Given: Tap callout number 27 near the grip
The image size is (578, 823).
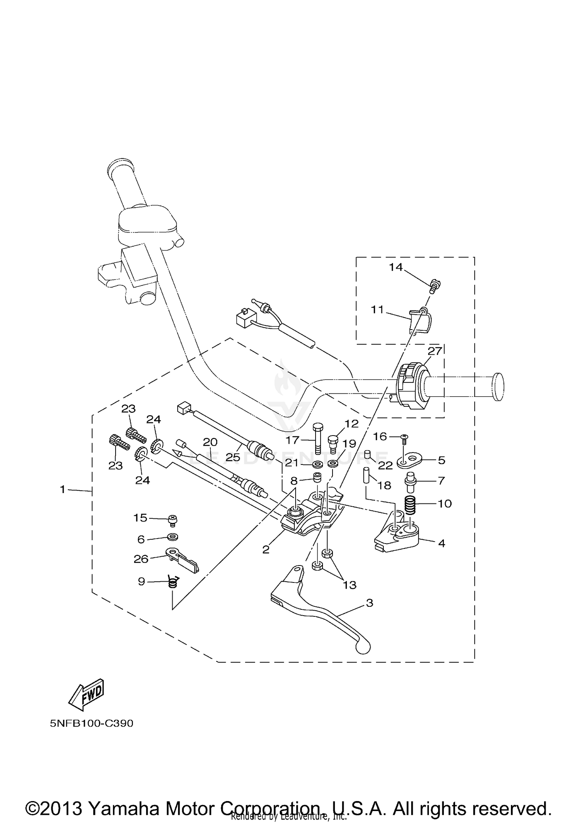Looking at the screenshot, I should [435, 351].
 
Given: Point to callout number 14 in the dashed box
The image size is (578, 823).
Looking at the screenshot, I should [395, 267].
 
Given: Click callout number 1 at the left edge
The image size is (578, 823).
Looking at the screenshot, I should [63, 490].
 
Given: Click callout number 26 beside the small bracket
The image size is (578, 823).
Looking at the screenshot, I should [141, 559].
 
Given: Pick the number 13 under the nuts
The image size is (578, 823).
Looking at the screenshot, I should [349, 585].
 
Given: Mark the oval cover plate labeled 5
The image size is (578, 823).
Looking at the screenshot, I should [410, 460].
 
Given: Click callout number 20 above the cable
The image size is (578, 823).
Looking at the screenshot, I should [210, 442].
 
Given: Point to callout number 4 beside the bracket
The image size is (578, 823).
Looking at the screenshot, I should [442, 543].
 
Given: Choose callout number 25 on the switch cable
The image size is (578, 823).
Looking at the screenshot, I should [233, 457].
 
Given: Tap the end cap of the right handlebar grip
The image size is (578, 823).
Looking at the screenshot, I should [498, 387].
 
